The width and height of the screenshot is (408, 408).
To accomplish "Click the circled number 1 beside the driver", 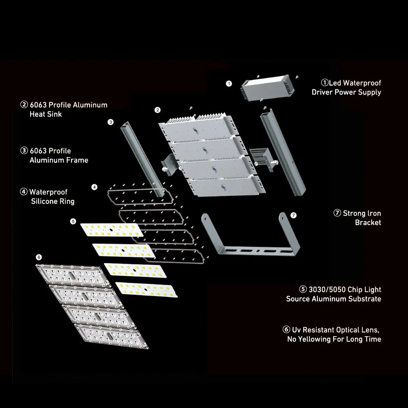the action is [229, 84].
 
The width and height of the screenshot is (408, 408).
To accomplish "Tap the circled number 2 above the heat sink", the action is [157, 110].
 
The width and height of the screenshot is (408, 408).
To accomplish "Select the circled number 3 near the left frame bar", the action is [111, 122].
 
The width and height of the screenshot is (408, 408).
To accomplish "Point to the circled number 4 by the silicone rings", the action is [95, 187].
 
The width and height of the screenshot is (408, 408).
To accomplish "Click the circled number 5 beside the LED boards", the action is [73, 222].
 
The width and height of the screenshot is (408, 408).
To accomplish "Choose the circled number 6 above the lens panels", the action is [39, 257].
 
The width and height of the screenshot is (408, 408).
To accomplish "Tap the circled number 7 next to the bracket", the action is [293, 215].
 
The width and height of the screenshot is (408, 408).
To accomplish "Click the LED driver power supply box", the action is [268, 88].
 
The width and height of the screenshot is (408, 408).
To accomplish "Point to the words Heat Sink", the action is [46, 114].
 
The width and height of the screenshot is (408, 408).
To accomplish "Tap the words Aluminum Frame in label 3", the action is [59, 160].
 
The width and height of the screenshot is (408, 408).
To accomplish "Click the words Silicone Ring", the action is [53, 202].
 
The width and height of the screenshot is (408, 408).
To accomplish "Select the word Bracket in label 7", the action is [368, 222].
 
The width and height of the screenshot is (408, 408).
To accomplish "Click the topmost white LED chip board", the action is [112, 230].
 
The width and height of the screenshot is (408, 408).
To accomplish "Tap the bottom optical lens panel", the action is [111, 336].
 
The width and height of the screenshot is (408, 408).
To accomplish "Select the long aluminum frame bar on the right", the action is [283, 152].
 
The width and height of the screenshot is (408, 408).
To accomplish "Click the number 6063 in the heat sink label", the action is [38, 105].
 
